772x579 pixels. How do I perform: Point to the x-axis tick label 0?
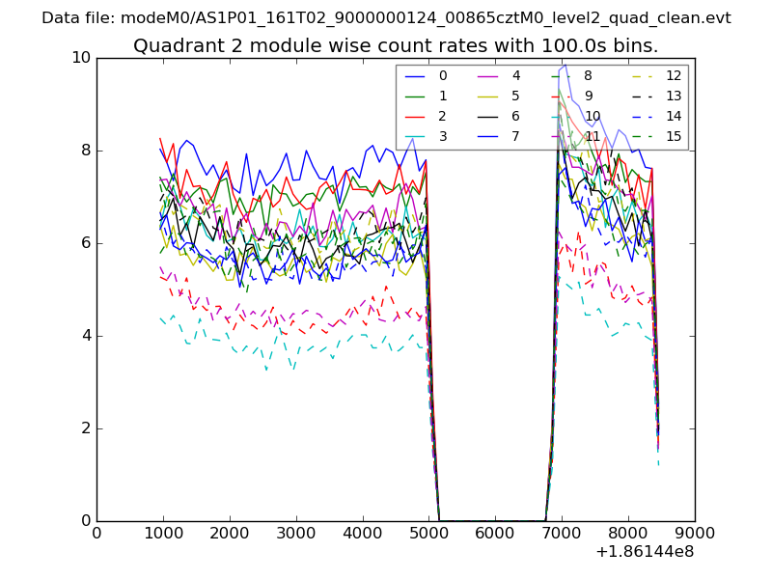(x=96, y=532)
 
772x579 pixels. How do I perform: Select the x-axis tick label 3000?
(x=295, y=532)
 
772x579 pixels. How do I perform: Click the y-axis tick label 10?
(x=81, y=58)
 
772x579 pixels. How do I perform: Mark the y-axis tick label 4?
(x=85, y=336)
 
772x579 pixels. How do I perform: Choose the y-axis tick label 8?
(x=85, y=151)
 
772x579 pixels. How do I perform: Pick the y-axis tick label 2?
(x=85, y=428)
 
